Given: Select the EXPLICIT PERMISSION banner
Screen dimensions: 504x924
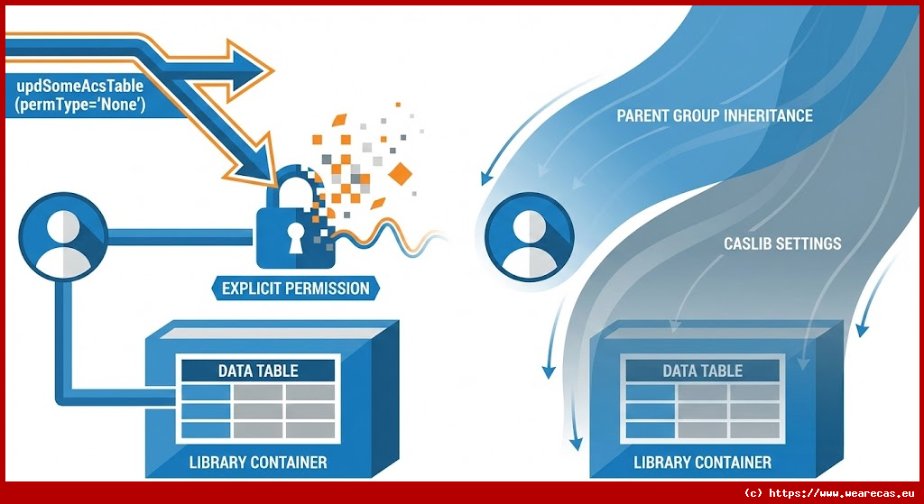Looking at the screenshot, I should pyautogui.click(x=296, y=289).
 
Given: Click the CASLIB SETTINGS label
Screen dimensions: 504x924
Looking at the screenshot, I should pyautogui.click(x=782, y=243).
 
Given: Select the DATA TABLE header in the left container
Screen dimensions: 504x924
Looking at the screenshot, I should pyautogui.click(x=258, y=371).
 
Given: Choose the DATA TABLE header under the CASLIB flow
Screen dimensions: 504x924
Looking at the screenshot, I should pyautogui.click(x=702, y=371).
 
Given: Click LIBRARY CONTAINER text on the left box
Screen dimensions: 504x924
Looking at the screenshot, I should pyautogui.click(x=258, y=463).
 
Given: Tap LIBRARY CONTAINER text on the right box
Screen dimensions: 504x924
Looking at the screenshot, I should pyautogui.click(x=702, y=463).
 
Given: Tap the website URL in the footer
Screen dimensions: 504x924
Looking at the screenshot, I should pyautogui.click(x=829, y=493).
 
